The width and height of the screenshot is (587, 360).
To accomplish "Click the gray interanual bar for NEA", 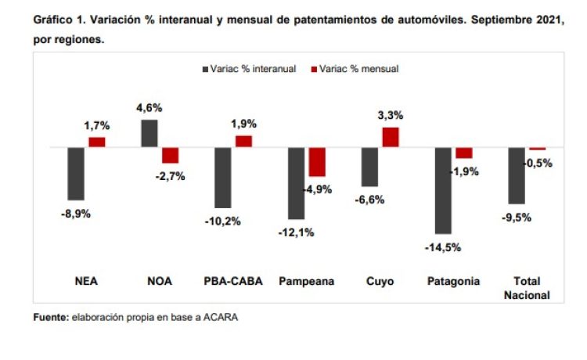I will coord(76,174).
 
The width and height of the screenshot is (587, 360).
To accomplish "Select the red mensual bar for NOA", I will coord(171,155).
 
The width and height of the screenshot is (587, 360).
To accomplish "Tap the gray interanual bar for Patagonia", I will coord(443,190).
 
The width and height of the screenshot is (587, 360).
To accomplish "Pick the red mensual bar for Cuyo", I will coord(391,137).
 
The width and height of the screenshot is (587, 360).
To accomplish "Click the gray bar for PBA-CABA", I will coord(223,177).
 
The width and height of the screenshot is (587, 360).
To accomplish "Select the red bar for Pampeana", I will coord(317,162).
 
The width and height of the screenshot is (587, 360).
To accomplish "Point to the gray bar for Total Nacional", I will coord(517,175).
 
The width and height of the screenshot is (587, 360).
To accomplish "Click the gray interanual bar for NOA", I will coord(149,133).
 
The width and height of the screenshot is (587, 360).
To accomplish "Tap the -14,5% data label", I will coord(443,247).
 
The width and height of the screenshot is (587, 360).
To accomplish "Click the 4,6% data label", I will coord(149,108).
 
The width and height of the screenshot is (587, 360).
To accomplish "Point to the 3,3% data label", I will coord(391,115).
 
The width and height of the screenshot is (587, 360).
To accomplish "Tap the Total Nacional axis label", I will coord(532,288).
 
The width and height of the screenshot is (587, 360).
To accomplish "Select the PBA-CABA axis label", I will coord(228,282).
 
